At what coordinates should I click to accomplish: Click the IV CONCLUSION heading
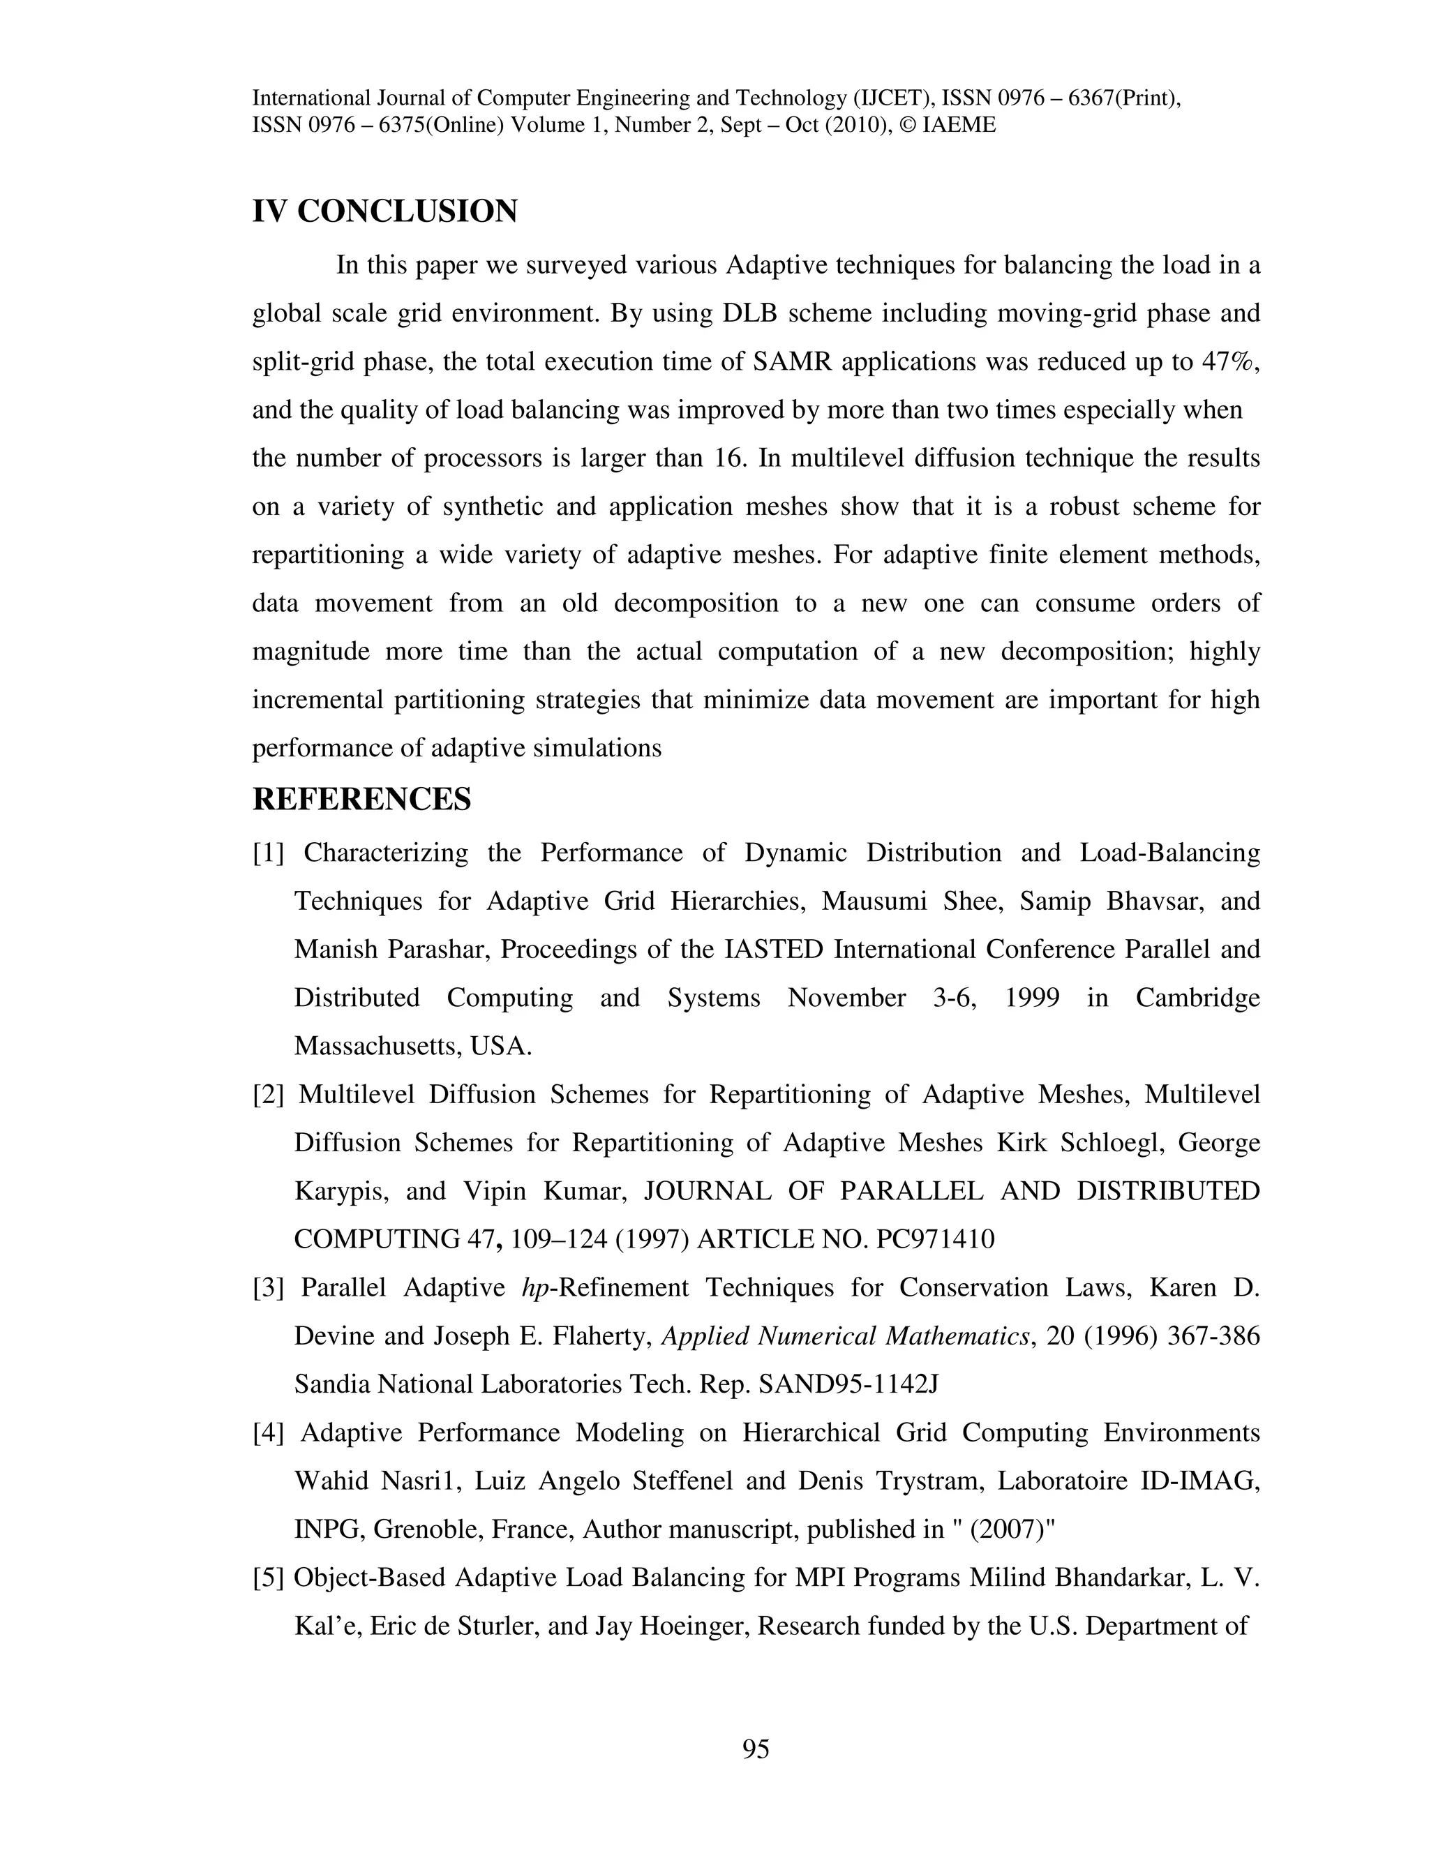coord(384,211)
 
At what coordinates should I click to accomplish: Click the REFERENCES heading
coord(361,798)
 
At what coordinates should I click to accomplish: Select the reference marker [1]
coord(269,853)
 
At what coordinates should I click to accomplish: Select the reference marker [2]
coord(269,1095)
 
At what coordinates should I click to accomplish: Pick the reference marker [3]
coord(269,1288)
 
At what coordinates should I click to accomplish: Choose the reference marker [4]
coord(269,1433)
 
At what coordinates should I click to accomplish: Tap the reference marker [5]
coord(269,1578)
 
